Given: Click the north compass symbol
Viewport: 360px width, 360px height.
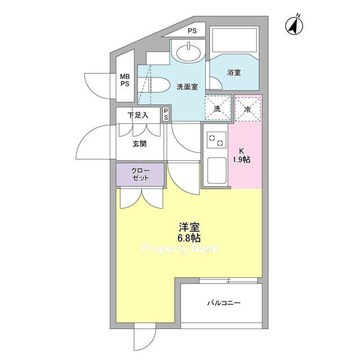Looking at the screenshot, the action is tap(294, 25).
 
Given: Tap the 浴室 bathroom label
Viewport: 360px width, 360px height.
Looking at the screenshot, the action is tap(234, 73).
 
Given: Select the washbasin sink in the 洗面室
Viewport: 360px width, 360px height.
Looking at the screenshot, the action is tap(188, 51).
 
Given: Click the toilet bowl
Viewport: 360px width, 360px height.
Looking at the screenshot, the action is tap(153, 85).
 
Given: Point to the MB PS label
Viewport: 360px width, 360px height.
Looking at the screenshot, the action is tap(125, 80).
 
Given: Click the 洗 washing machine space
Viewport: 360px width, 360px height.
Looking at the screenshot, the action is tap(218, 107).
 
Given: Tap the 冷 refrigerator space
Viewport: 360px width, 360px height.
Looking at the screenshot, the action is tap(247, 109).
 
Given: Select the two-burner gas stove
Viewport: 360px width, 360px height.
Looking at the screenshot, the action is tap(217, 140).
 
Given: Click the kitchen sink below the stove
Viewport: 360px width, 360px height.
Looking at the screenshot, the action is tap(217, 170).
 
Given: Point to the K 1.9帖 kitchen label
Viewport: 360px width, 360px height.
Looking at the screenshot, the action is tap(241, 155).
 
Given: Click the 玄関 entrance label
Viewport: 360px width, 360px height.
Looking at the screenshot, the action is tap(139, 144).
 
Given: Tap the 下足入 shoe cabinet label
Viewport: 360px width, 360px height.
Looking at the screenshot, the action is tap(138, 115).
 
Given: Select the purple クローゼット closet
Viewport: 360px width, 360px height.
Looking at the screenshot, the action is tap(140, 174).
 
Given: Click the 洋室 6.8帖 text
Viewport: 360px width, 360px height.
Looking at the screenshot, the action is tap(189, 232).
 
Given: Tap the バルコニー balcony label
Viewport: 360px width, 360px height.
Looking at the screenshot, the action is tap(224, 303).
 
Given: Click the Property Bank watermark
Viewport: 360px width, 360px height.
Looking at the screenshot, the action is tap(180, 249).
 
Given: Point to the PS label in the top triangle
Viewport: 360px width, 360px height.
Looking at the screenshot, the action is tap(192, 31).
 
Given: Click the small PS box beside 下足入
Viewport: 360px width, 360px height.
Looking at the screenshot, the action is tap(166, 114).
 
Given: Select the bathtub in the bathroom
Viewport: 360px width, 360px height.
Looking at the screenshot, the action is tap(234, 40).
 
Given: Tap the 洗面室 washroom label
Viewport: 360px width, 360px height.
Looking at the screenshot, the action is tap(187, 87).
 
